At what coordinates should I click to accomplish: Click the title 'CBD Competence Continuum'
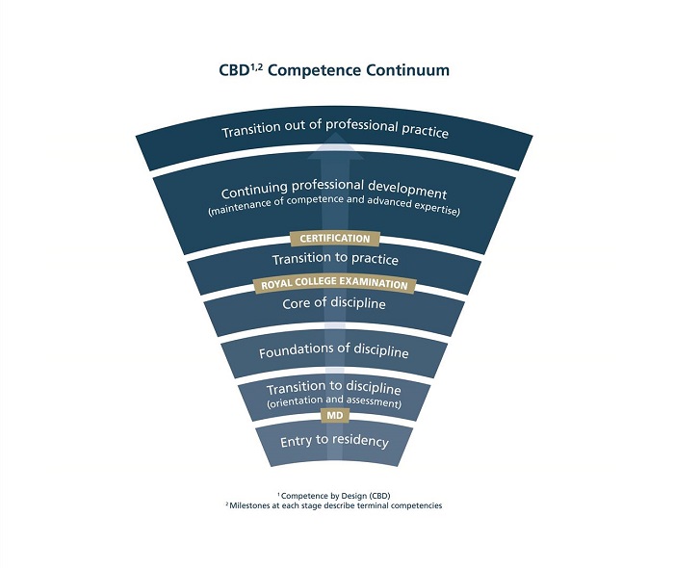click(334, 70)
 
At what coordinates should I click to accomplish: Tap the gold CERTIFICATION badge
click(334, 238)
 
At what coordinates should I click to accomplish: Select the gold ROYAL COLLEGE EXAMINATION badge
click(334, 285)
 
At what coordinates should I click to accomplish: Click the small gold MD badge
click(334, 415)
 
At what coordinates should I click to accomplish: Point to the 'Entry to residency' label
click(334, 442)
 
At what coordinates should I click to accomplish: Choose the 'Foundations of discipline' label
click(334, 353)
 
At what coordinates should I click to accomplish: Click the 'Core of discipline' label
click(334, 304)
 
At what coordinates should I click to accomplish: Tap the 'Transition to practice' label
click(334, 259)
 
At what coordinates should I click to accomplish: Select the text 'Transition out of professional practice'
click(334, 132)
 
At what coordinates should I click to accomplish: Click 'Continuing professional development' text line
click(334, 194)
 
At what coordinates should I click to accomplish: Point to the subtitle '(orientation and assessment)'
click(334, 402)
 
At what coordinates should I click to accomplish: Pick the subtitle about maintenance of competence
click(334, 210)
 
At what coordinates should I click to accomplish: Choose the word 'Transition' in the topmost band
click(253, 132)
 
